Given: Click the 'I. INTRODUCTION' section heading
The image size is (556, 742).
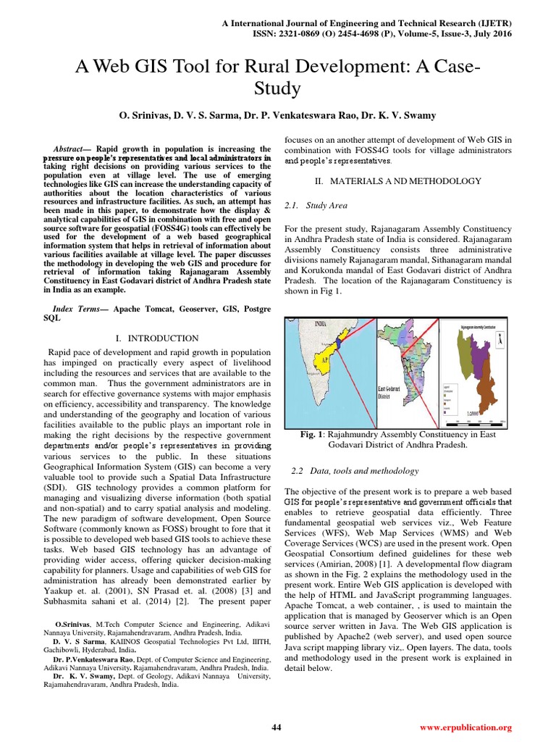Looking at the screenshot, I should [157, 338].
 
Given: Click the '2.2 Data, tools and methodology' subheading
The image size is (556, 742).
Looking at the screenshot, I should [355, 471].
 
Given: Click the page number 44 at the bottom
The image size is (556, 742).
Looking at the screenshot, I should [276, 727].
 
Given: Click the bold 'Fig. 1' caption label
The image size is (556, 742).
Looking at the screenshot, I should [313, 434].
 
